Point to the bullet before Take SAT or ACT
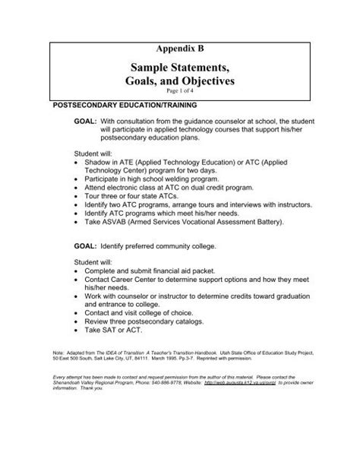click(70, 331)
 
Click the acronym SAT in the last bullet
click(112, 331)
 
